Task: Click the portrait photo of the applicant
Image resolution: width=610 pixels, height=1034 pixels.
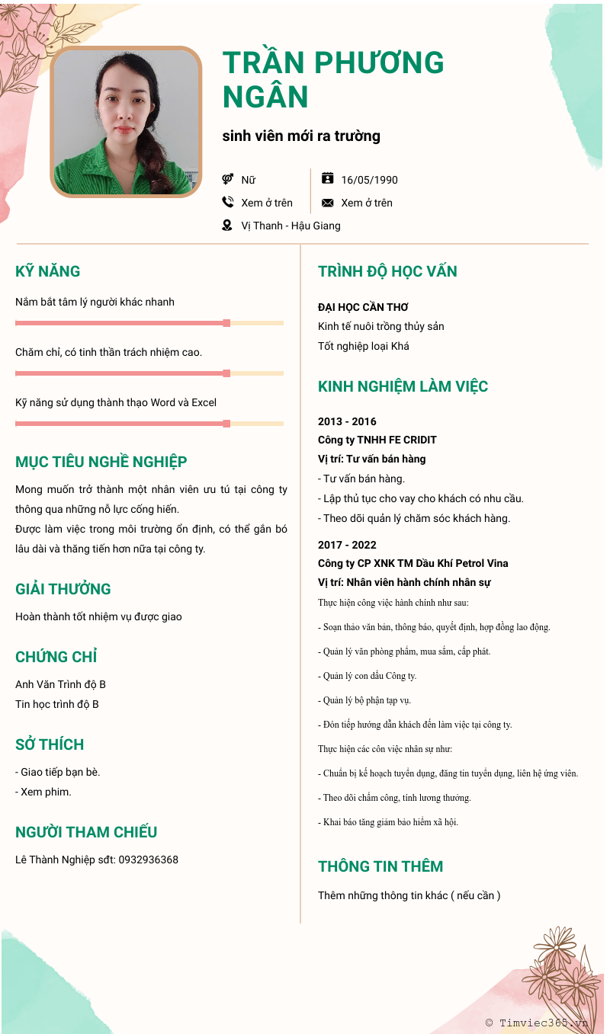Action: click(x=126, y=122)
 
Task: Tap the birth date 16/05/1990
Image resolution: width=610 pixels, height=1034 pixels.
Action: click(x=369, y=180)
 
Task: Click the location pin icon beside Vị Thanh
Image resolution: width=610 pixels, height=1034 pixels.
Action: click(x=227, y=226)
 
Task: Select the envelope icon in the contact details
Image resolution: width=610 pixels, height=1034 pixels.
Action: click(x=328, y=203)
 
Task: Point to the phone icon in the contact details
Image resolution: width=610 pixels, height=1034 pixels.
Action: click(x=227, y=203)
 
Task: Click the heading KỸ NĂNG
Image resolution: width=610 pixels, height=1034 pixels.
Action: click(x=47, y=271)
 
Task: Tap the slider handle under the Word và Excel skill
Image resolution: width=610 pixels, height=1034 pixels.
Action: click(x=226, y=424)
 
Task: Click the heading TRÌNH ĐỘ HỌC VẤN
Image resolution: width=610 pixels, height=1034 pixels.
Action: click(x=387, y=271)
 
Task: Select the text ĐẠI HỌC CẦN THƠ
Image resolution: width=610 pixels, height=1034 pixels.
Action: click(x=363, y=307)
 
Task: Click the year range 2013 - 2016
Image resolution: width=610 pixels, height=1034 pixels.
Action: click(x=347, y=421)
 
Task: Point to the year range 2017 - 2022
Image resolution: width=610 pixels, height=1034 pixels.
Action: click(x=347, y=545)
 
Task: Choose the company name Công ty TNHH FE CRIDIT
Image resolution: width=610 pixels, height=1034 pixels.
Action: click(x=377, y=440)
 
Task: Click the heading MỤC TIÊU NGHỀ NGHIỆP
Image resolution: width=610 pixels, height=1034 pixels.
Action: click(x=101, y=462)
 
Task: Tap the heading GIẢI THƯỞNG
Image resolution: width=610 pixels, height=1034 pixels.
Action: click(x=63, y=589)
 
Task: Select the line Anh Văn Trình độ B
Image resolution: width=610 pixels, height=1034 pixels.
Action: click(x=60, y=684)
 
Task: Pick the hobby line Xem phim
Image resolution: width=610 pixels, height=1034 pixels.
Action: click(x=46, y=792)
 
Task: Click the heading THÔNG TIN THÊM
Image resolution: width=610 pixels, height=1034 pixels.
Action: click(x=380, y=866)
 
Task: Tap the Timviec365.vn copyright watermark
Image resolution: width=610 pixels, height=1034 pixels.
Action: click(x=536, y=1023)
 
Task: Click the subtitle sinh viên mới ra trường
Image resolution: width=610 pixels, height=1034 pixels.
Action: click(x=301, y=136)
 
